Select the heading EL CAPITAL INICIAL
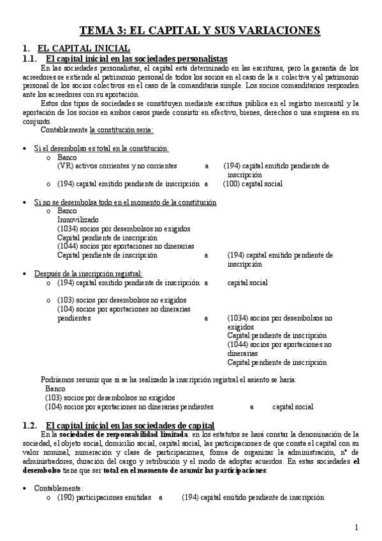pos(84,48)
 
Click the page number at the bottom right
pos(356,527)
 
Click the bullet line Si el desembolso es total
pos(101,148)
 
